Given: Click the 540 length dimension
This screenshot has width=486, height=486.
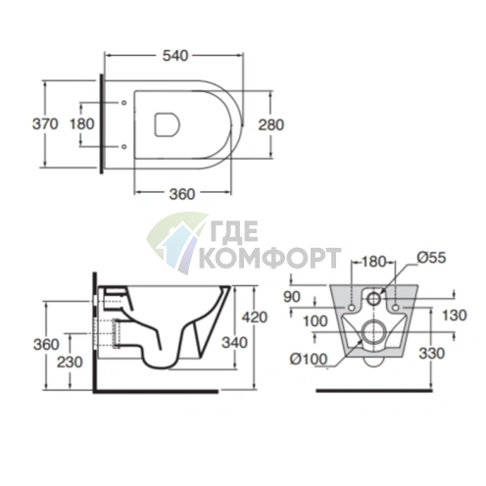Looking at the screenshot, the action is pos(175,56).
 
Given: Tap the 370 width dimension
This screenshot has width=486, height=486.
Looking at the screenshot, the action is pos(45,124).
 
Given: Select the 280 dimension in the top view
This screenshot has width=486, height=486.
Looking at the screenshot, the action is pos(271,124).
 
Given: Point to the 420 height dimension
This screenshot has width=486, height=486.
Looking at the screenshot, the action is pos(255,317).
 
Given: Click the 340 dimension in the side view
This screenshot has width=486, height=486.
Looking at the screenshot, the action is pos(235,343).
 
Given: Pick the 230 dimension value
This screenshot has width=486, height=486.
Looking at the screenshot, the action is pos(70,362).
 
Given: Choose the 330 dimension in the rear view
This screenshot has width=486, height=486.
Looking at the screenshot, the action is pos(432,353).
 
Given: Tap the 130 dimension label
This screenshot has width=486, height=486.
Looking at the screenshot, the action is pos(455,316).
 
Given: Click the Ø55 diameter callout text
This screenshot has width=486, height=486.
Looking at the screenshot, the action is pos(431,258).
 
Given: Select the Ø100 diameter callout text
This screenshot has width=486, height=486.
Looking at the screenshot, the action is pos(309,360).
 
